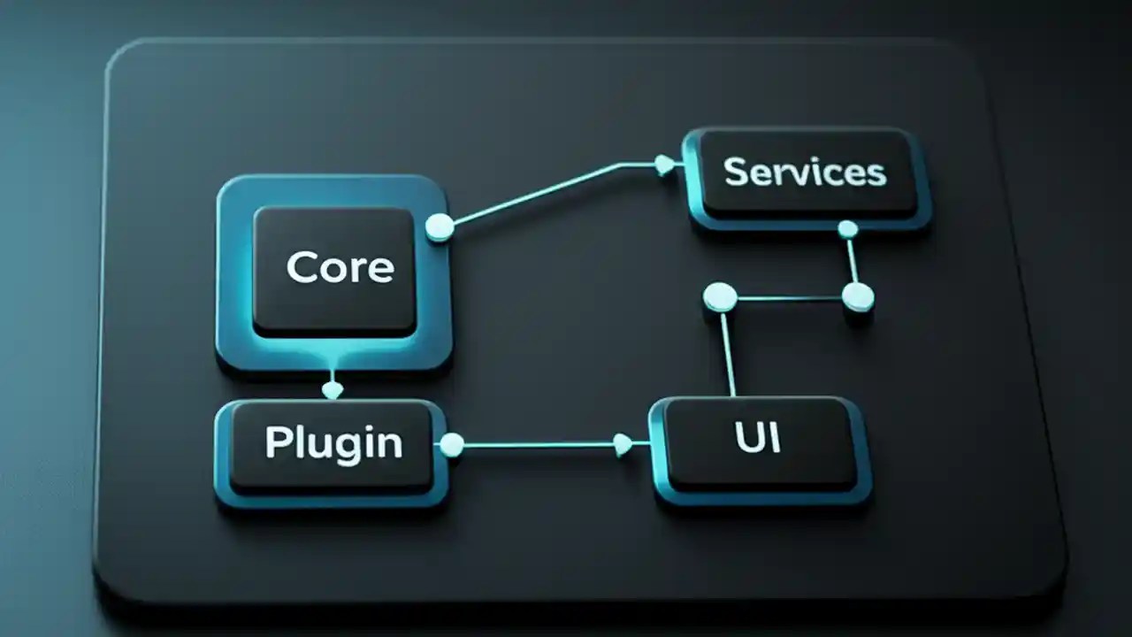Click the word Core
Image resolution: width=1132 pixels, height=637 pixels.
[340, 266]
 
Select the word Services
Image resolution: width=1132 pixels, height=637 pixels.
[804, 172]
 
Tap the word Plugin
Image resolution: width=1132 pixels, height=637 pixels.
[333, 442]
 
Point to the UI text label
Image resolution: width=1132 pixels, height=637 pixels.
[758, 438]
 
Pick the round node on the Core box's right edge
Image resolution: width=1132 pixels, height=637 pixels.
[440, 227]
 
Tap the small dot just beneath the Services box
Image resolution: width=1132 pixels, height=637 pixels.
[847, 230]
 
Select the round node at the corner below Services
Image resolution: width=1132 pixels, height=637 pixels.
[857, 297]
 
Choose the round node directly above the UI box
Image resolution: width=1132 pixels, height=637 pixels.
[720, 296]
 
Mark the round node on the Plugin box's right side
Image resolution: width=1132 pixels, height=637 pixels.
[452, 444]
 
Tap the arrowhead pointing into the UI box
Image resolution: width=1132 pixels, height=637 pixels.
[623, 444]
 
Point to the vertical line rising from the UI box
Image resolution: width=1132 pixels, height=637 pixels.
[728, 354]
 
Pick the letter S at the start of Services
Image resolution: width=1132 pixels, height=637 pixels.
[733, 172]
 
